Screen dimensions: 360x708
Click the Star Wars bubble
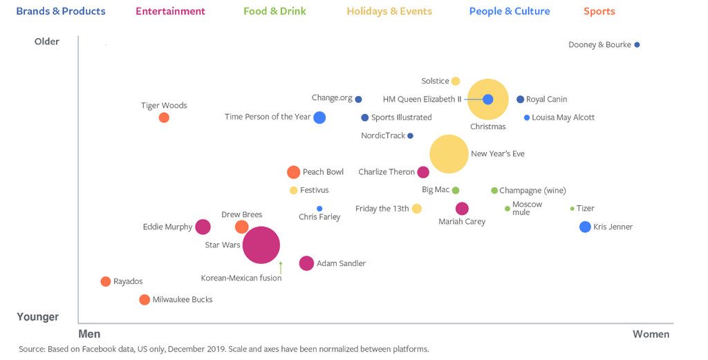[x=261, y=245]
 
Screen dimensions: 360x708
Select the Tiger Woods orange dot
[x=164, y=117]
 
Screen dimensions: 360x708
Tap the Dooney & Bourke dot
[x=637, y=45]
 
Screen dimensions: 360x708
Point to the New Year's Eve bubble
[x=449, y=153]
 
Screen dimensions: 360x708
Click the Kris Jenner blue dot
[x=585, y=227]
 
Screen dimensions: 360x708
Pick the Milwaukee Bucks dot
[x=144, y=300]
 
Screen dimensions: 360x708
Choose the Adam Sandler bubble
[x=306, y=263]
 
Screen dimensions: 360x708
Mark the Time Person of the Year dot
[x=319, y=117]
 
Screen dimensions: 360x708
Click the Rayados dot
[x=105, y=281]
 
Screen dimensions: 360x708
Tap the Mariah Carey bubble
[x=462, y=209]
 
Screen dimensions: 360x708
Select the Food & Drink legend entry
[x=274, y=11]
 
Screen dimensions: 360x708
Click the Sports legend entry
[x=599, y=11]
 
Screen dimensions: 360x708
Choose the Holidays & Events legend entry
[x=389, y=11]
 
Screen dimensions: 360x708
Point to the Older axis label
[x=47, y=41]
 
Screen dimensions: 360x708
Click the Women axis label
[x=651, y=334]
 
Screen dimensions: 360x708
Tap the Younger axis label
[x=38, y=317]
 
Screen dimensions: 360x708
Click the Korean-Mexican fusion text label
[x=241, y=278]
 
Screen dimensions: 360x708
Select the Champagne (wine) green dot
[x=494, y=191]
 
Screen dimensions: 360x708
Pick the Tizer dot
[x=572, y=209]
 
